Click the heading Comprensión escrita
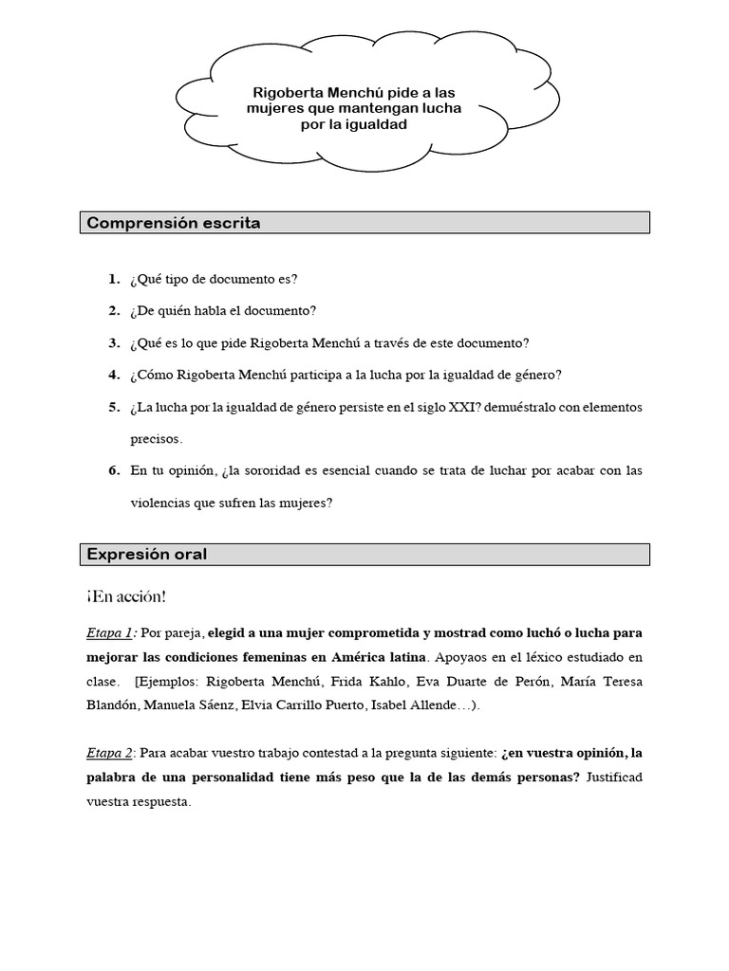tap(174, 223)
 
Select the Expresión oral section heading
tap(147, 555)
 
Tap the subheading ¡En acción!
tap(126, 596)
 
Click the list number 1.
tap(114, 279)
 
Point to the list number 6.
tap(114, 470)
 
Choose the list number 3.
tap(114, 342)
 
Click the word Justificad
tap(614, 777)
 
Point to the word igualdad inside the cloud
tap(374, 124)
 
